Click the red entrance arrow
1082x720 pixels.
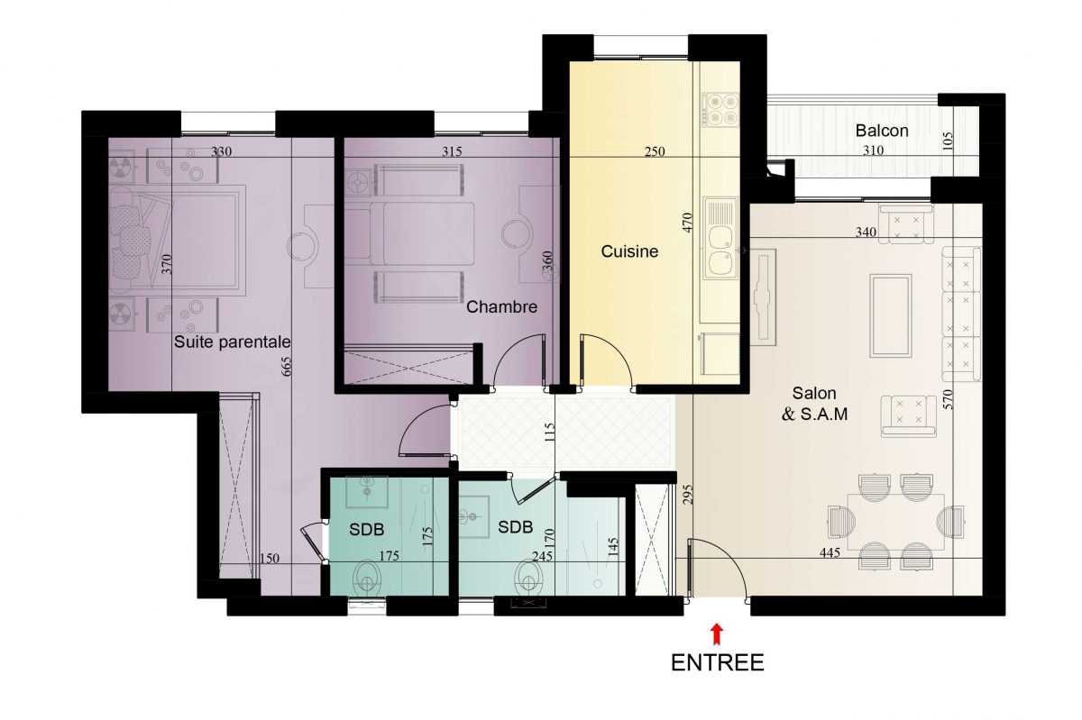point(717,634)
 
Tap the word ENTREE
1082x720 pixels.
point(718,662)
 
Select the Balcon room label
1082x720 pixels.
point(882,131)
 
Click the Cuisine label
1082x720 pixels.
point(629,251)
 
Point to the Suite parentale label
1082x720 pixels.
point(232,342)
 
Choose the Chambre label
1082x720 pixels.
point(501,306)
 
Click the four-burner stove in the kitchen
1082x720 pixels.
point(720,110)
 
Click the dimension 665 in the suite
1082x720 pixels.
point(286,367)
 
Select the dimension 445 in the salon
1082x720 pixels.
point(830,552)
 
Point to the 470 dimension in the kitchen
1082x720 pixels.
point(688,223)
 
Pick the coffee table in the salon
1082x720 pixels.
point(891,315)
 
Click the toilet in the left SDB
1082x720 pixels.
point(367,578)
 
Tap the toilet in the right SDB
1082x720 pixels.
point(529,578)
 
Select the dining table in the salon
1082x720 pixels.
point(896,522)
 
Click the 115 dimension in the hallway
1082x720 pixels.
point(549,433)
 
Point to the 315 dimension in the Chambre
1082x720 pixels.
point(452,151)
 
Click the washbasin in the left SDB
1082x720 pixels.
point(367,491)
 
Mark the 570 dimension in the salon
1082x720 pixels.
point(948,399)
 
